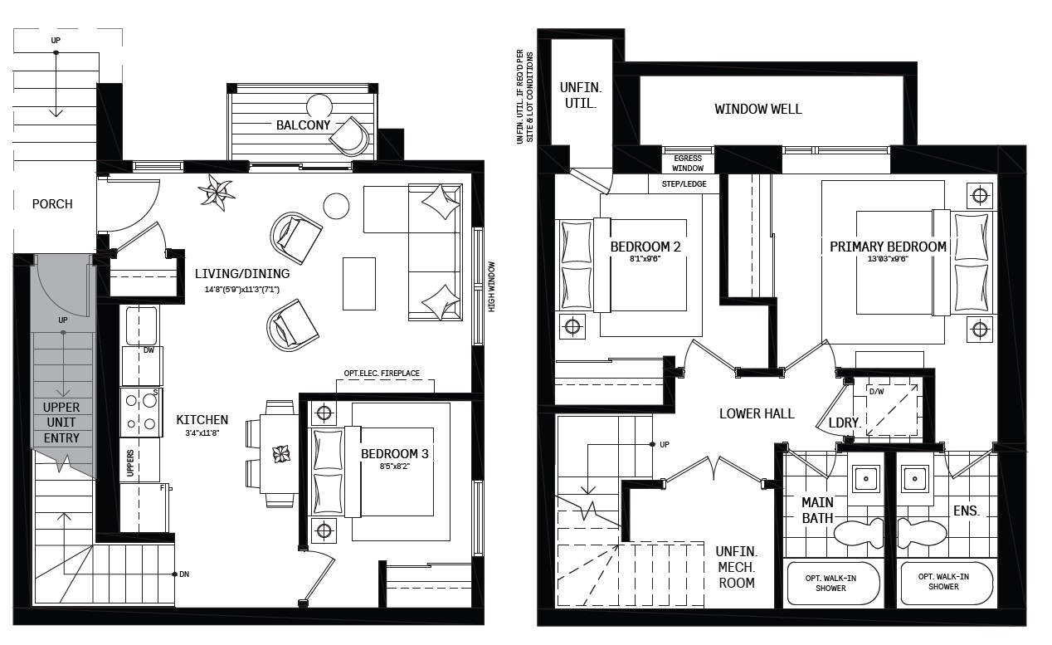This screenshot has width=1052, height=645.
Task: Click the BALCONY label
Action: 303,125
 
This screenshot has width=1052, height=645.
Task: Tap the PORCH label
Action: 52,204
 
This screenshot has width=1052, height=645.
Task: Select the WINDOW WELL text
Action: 758,109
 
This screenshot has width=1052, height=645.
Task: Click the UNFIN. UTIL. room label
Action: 581,95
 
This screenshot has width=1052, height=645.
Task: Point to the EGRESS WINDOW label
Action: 688,163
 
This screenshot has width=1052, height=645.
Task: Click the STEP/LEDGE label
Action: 684,183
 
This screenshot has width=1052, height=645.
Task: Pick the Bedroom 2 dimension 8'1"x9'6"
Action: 645,258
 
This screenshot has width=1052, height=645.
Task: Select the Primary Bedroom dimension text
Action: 888,258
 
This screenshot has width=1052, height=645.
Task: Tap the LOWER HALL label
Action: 757,413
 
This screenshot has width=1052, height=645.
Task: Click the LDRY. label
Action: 845,423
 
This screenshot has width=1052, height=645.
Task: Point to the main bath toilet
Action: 859,533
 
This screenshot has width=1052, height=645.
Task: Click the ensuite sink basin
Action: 914,479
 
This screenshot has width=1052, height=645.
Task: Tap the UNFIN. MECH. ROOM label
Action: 737,567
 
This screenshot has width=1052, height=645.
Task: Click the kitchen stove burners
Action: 141,413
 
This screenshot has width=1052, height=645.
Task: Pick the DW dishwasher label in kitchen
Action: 149,350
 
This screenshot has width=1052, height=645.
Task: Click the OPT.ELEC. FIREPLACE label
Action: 382,373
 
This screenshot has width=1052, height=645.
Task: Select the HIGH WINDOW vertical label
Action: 491,286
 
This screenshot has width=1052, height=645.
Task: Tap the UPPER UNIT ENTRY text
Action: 61,423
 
